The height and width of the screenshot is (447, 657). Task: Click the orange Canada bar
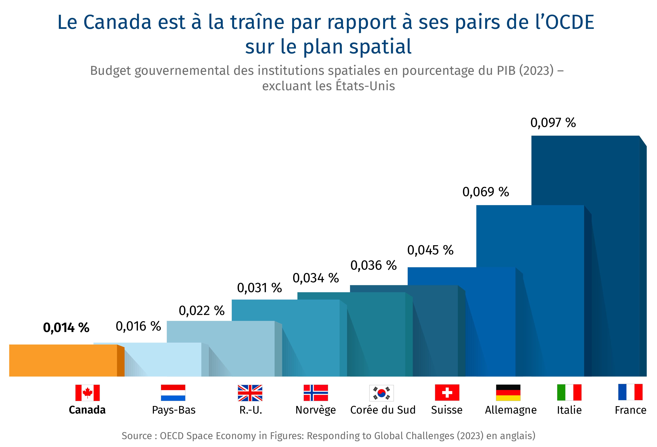[x=63, y=360]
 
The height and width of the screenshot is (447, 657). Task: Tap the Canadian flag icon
[x=87, y=393]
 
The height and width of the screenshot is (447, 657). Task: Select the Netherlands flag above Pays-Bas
[x=173, y=393]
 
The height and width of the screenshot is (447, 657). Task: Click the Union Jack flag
[x=250, y=393]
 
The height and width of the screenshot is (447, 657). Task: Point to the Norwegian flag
[x=316, y=393]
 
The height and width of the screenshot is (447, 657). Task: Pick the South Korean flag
[x=381, y=393]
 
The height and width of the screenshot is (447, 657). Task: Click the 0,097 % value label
[x=553, y=123]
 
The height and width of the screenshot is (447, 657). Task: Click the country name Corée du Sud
[x=383, y=410]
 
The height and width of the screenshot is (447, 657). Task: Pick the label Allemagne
[x=510, y=410]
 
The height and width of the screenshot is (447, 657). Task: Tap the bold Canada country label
[x=87, y=410]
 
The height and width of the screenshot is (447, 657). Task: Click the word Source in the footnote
[x=136, y=436]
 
